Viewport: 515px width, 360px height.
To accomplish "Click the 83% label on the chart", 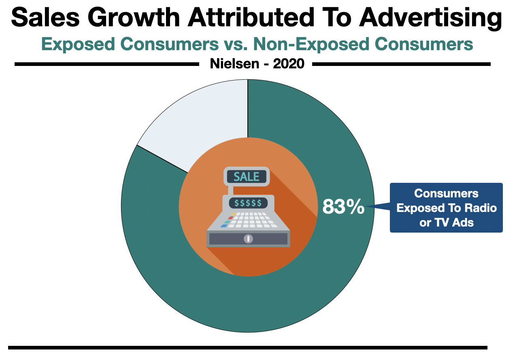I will coord(343,207).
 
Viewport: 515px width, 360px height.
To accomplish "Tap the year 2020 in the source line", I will coord(288,64).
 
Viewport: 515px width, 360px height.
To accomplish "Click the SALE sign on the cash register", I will coord(247,177).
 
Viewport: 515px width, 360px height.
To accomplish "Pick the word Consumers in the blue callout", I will coord(446,193).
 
